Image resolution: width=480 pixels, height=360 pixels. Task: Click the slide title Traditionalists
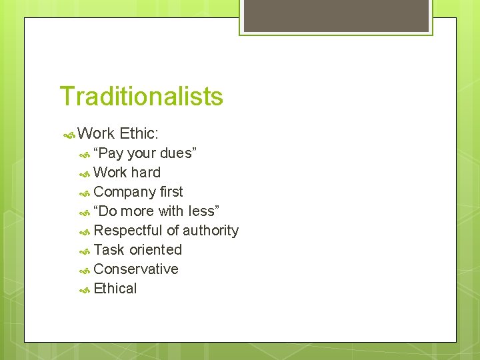click(x=141, y=97)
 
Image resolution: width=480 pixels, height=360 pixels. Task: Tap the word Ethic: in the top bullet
click(x=139, y=134)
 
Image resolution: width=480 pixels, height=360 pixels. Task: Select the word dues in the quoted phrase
click(x=177, y=153)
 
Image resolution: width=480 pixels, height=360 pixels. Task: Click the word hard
click(x=145, y=173)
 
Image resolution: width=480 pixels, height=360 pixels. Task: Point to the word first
click(x=171, y=192)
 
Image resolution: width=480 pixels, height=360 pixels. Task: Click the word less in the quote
click(x=203, y=211)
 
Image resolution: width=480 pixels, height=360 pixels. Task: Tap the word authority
click(x=211, y=231)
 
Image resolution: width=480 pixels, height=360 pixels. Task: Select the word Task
click(x=109, y=250)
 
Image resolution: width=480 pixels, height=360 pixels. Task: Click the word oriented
click(x=155, y=250)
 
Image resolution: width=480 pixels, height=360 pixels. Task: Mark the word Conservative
click(x=136, y=269)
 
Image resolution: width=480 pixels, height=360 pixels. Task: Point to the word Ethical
click(x=115, y=289)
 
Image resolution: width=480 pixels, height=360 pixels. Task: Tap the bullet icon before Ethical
click(x=85, y=289)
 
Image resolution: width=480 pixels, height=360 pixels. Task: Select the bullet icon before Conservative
click(x=85, y=270)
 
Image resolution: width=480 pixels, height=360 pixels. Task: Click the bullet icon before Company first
click(x=85, y=193)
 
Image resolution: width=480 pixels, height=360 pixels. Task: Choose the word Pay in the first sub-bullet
click(x=110, y=153)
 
